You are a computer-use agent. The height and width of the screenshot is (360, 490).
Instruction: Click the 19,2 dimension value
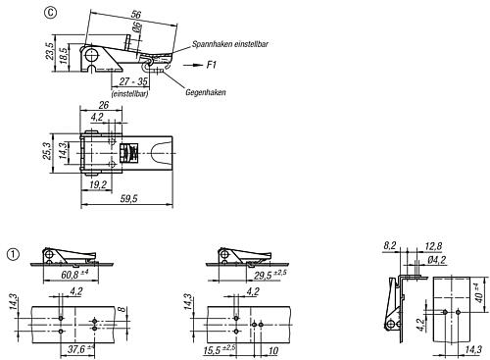coord(96,183)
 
